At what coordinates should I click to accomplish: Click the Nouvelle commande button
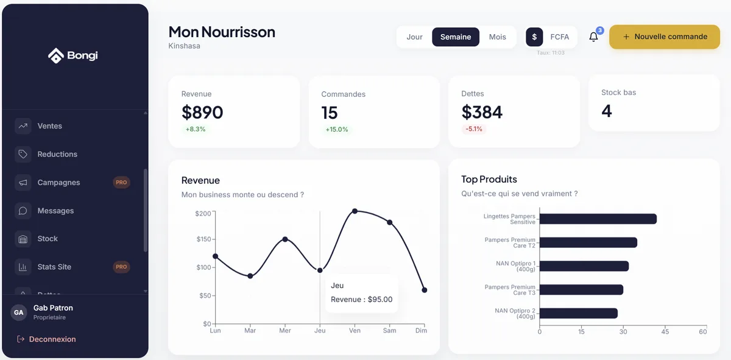point(664,37)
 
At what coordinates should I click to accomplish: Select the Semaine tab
point(456,37)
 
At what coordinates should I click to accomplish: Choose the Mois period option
point(497,37)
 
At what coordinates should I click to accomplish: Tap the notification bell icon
point(593,37)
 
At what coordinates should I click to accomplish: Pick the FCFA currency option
point(559,37)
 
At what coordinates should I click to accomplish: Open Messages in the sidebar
point(55,211)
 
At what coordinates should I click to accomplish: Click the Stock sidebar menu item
point(48,239)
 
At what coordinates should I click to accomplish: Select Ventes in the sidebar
point(49,126)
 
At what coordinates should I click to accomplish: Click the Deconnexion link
point(52,339)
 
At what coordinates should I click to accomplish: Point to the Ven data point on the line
point(355,211)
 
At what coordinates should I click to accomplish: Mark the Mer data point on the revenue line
point(285,239)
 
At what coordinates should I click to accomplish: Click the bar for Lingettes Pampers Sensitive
point(598,219)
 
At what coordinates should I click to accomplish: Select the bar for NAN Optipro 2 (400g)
point(578,313)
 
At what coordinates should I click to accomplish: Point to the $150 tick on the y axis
point(203,239)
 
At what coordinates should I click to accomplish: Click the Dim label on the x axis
point(421,331)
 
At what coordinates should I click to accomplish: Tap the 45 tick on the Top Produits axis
point(665,332)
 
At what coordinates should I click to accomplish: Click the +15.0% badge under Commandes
point(337,129)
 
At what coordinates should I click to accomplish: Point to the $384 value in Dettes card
point(482,112)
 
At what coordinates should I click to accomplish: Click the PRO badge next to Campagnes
point(121,182)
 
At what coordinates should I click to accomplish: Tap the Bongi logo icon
point(55,56)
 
